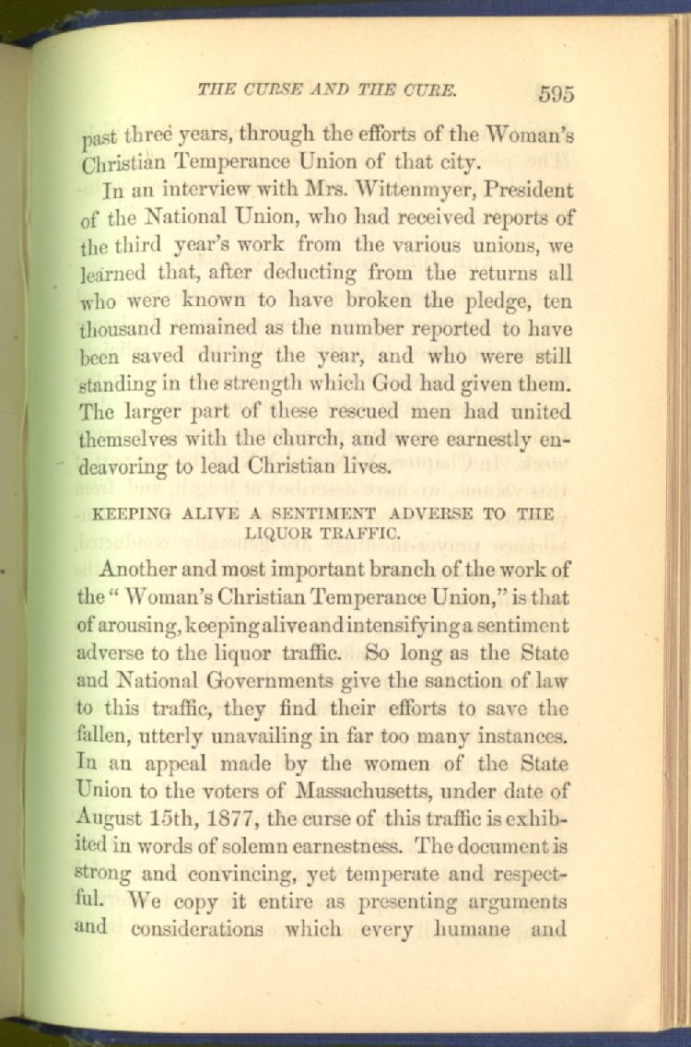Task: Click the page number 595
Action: tap(556, 93)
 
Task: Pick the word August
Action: tap(109, 819)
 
